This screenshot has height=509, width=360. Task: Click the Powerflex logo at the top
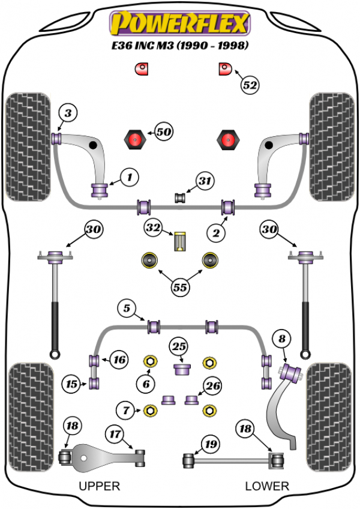point(179,23)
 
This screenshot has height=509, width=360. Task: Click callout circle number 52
point(251,85)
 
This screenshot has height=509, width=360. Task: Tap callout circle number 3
point(68,113)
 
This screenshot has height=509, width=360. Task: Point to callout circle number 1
point(128,176)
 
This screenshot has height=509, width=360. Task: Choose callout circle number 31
point(205,181)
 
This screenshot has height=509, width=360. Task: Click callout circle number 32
point(152,227)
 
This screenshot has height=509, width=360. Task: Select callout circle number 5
point(126,309)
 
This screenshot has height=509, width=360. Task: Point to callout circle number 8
point(281,340)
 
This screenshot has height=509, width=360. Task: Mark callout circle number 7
point(126,411)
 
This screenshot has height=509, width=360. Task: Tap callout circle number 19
point(209,445)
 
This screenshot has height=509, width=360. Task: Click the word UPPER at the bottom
point(99,486)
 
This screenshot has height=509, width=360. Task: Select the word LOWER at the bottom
point(267,486)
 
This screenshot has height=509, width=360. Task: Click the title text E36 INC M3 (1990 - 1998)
point(179,46)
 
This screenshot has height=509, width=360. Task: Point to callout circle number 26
point(212,386)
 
